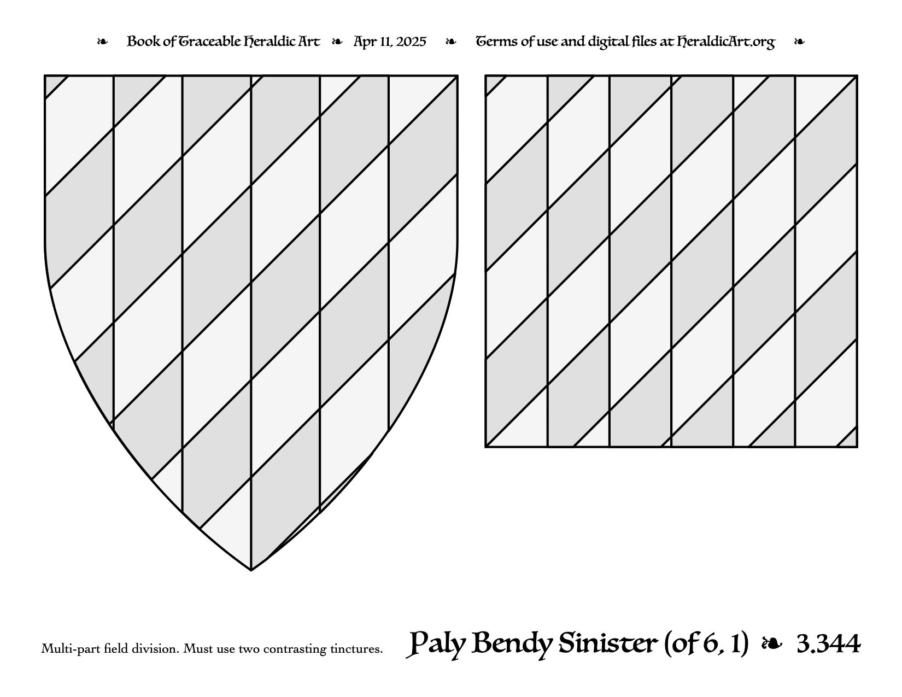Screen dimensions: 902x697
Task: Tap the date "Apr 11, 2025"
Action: tap(390, 42)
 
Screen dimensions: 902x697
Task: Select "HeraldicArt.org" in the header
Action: tap(726, 42)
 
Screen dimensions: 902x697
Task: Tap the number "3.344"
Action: tap(829, 645)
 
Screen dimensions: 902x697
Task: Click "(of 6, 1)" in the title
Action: tap(706, 644)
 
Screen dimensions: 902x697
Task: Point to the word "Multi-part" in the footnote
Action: tap(71, 649)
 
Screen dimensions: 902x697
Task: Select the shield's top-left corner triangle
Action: tap(52, 84)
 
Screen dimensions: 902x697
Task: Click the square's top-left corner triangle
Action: tap(493, 83)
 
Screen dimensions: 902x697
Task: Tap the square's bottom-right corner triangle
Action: tap(850, 440)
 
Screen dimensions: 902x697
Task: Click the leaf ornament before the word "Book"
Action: tap(102, 42)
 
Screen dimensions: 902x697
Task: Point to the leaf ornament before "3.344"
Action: tap(772, 645)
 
